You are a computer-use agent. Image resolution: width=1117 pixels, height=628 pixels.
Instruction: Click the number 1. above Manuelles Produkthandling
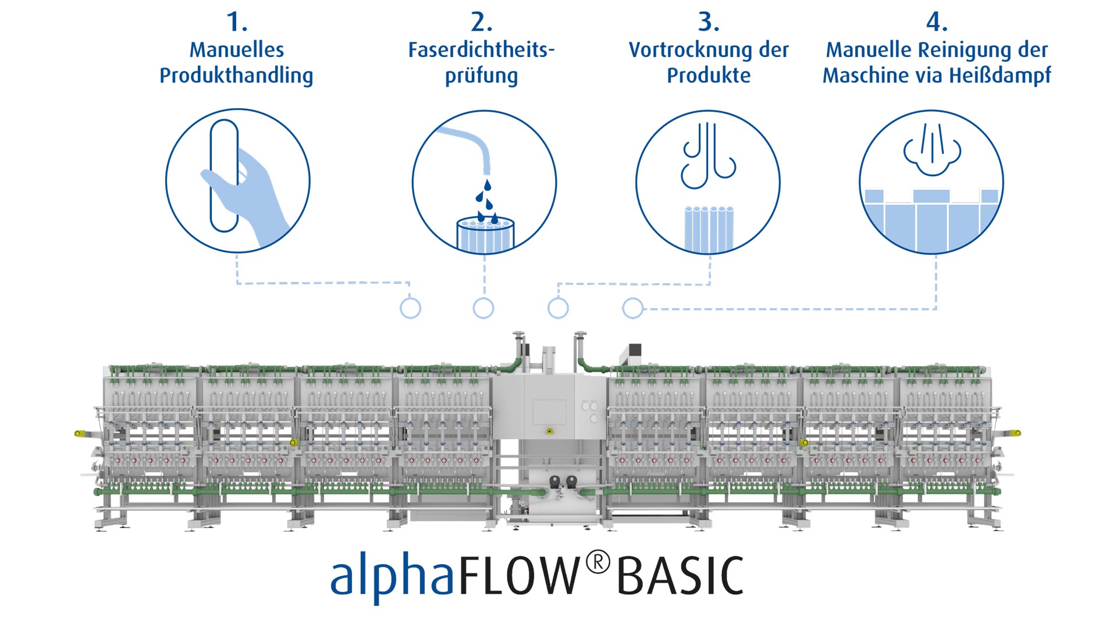(x=236, y=22)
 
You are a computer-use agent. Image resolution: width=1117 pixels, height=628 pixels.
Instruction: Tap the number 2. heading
(x=481, y=22)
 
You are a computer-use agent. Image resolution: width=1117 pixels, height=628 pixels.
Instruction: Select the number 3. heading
(x=709, y=22)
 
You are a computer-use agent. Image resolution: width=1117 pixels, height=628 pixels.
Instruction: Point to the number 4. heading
(x=937, y=22)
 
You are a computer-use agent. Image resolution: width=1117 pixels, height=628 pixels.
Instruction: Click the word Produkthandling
(x=236, y=76)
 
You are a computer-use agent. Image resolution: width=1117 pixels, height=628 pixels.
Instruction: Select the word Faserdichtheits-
(x=481, y=50)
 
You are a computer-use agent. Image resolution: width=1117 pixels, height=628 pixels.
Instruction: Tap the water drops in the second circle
(x=488, y=202)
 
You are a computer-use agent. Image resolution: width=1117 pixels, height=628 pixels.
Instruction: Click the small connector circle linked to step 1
(x=410, y=308)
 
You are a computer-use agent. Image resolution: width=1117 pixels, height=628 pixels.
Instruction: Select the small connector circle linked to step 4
(x=632, y=308)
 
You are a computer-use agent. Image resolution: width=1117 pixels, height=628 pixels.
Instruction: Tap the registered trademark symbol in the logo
(x=597, y=562)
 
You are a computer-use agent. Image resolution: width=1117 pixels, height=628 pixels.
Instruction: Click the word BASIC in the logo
(x=680, y=576)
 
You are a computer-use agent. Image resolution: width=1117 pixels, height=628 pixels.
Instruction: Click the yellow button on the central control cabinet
(x=549, y=431)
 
